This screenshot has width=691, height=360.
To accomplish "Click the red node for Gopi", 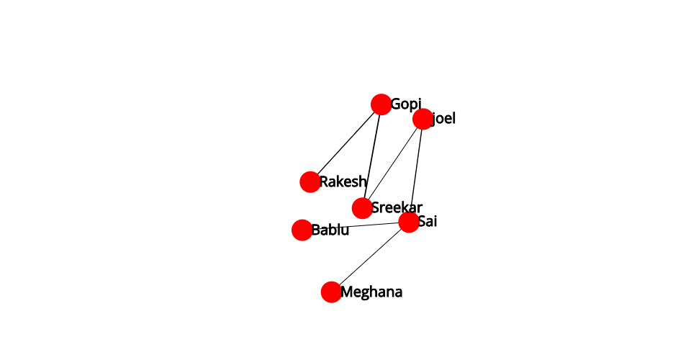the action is [381, 104].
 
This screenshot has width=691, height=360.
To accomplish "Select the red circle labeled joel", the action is [423, 119].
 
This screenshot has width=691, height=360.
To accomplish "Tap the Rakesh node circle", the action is [310, 182].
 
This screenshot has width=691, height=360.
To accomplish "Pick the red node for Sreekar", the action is [362, 208].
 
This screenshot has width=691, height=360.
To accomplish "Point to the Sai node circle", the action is [409, 222].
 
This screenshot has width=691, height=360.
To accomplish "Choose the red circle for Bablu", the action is [302, 230].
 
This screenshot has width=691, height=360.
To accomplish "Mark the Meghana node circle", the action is [331, 292].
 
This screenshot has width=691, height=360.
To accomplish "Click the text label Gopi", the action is [406, 104].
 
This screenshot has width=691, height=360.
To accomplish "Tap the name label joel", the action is [443, 119].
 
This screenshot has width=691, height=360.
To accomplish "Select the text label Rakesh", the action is [343, 181].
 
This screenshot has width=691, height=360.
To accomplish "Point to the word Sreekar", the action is [397, 207].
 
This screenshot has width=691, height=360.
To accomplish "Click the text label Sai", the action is [427, 221].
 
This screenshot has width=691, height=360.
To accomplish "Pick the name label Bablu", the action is [330, 230].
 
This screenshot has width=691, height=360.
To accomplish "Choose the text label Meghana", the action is [371, 292].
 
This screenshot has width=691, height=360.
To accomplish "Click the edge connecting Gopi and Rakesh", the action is [346, 143].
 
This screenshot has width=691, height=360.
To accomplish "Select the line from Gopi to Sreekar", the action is [372, 156].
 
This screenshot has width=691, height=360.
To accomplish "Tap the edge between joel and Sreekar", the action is [393, 163].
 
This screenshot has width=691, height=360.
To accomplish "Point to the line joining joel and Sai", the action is [415, 171].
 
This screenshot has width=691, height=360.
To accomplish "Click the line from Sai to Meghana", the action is [370, 257].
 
